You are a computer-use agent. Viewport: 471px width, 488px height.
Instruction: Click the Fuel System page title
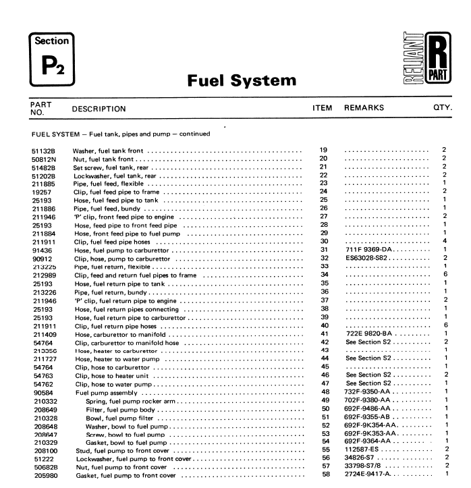point(241,82)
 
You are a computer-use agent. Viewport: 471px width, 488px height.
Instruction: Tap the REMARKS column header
point(364,107)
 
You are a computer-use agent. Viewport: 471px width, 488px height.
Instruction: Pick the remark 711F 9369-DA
point(369,250)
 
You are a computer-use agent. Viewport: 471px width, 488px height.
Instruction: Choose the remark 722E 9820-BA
point(369,333)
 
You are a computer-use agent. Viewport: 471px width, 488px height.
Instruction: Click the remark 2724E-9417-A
point(371,475)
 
